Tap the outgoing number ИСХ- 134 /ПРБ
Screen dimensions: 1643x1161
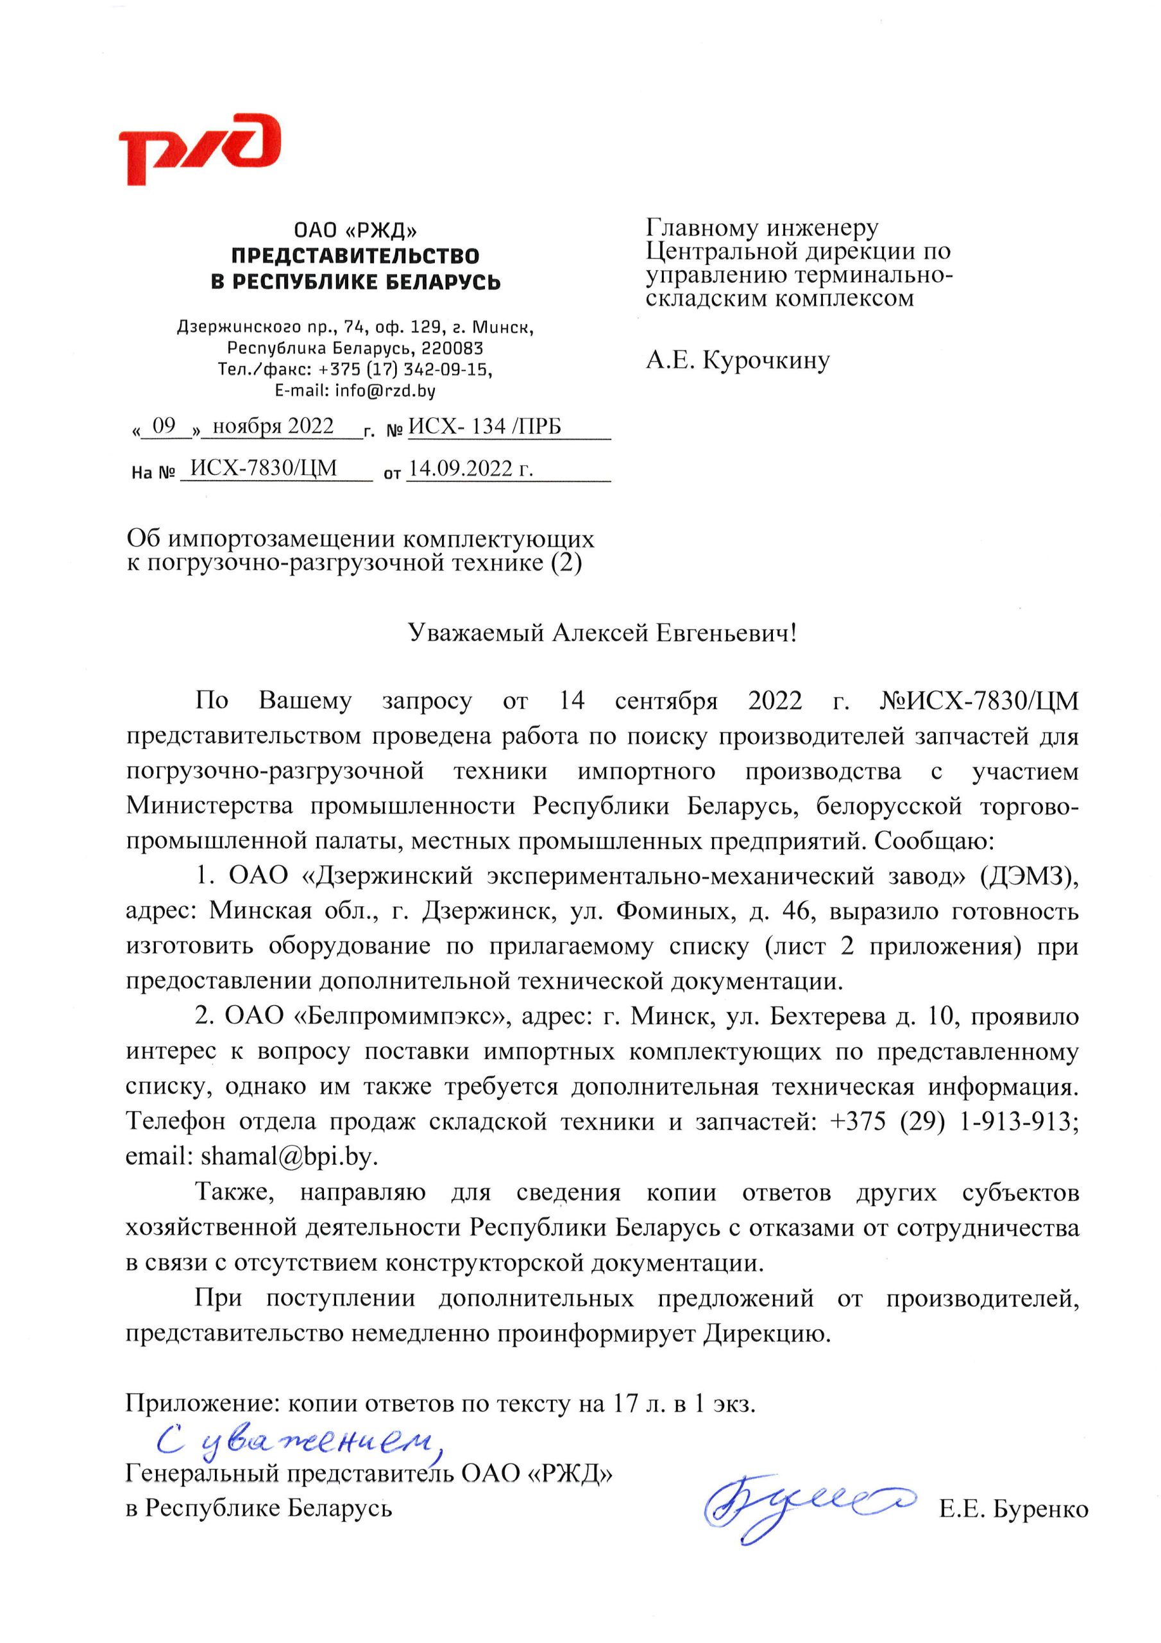(x=484, y=427)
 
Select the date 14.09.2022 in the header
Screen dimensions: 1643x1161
(x=470, y=469)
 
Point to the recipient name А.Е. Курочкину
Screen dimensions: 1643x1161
(x=738, y=360)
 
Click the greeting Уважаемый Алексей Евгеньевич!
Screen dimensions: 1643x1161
(x=602, y=633)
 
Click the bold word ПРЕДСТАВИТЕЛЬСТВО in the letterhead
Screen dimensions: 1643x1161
(x=355, y=256)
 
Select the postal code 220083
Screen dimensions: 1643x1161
(x=453, y=348)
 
